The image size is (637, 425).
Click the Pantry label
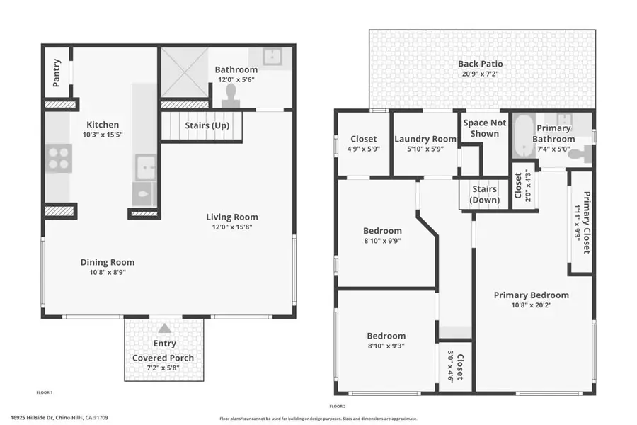coord(57,73)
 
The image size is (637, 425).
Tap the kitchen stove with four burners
coord(58,157)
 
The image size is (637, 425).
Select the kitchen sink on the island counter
coord(147,167)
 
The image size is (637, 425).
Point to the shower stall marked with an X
coord(184,72)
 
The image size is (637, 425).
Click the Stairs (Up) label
coord(207,125)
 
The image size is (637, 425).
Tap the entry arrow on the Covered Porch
coord(164,328)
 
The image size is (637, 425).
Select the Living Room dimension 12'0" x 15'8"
coord(231,227)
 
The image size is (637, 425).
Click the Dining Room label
coord(107,262)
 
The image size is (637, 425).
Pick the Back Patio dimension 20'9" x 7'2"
coord(481,74)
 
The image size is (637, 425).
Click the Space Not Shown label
coord(485,128)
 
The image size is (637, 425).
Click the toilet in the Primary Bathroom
coord(579,154)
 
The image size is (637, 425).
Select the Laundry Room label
coord(425,139)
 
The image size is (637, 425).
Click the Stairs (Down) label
coord(484,195)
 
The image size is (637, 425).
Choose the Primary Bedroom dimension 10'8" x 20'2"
coord(531,307)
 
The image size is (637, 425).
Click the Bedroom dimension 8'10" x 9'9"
coord(382,241)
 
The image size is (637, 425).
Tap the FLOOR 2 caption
coord(338,407)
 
